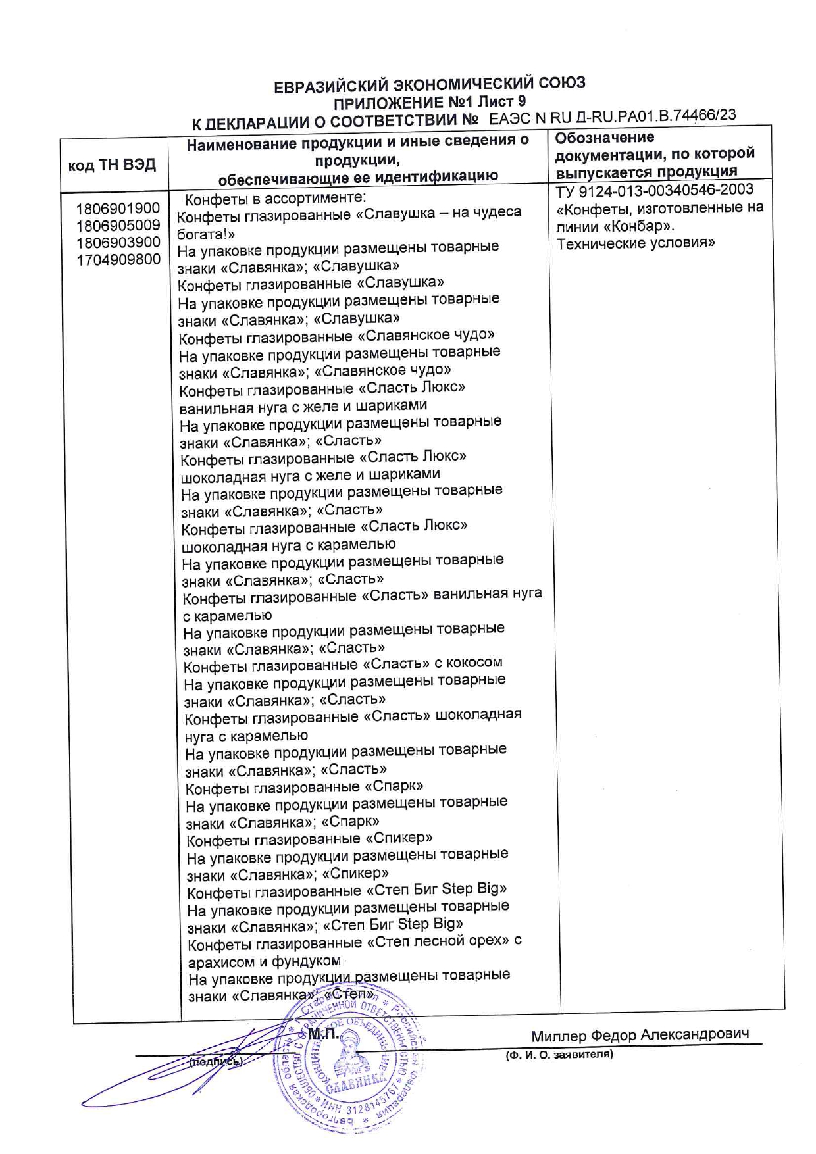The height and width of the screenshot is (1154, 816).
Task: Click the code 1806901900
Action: coord(118,209)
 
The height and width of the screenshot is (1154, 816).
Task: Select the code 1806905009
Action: coord(118,226)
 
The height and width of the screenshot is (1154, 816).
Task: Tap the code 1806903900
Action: coord(118,243)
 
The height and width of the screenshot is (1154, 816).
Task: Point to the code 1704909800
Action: coord(118,260)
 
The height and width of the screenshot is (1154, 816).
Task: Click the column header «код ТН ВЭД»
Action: coord(112,164)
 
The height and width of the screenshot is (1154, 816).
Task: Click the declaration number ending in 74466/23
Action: coord(613,117)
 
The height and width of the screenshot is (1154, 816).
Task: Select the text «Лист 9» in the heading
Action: coord(501,102)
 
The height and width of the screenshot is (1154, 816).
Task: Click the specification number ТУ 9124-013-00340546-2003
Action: coord(655,191)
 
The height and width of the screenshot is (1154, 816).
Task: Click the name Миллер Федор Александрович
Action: coord(640,1035)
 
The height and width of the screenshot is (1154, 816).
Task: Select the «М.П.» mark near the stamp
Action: coord(323,1034)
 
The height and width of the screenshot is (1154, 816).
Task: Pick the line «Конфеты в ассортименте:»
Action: coord(275,199)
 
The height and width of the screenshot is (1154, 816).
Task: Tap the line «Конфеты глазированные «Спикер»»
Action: coord(309,839)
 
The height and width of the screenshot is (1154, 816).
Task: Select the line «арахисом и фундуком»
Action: coord(265,962)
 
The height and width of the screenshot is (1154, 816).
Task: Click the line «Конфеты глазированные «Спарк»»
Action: coord(304,787)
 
